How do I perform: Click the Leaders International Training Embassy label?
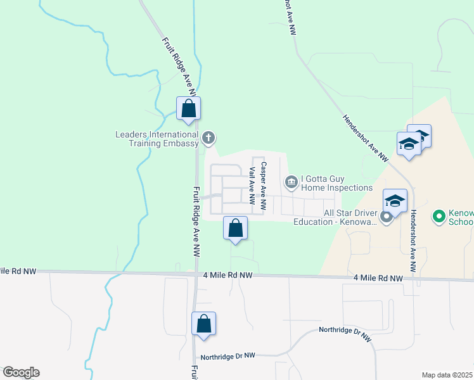(157, 139)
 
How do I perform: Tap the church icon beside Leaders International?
(208, 137)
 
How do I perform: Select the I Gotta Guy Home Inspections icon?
(291, 182)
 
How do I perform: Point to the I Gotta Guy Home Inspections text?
(336, 182)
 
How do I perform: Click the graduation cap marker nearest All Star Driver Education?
(394, 202)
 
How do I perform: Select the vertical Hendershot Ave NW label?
(413, 241)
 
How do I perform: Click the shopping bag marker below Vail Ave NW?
(235, 229)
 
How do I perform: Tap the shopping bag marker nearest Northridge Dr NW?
(203, 324)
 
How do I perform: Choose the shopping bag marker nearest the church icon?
(188, 108)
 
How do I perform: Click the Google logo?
(21, 372)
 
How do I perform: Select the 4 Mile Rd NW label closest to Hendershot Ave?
(378, 278)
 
